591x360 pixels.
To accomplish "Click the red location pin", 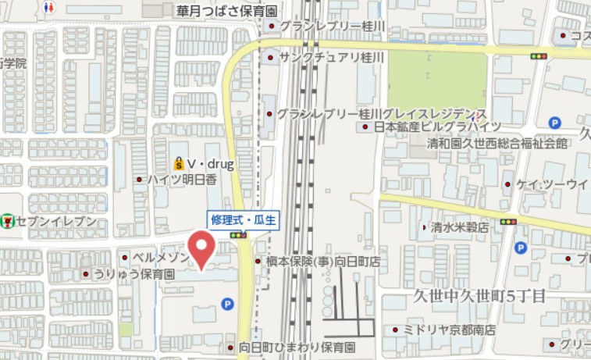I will (x=203, y=248).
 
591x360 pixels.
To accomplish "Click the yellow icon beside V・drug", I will (x=178, y=164).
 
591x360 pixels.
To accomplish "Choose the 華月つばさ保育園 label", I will (x=227, y=11).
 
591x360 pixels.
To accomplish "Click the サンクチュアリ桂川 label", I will (x=332, y=57).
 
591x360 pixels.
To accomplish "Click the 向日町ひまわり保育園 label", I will (x=297, y=347).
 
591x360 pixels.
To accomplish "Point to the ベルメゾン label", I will (x=161, y=257).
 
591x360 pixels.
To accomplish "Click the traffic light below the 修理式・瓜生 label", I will (x=238, y=234).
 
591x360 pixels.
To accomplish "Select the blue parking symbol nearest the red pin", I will (x=227, y=304).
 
